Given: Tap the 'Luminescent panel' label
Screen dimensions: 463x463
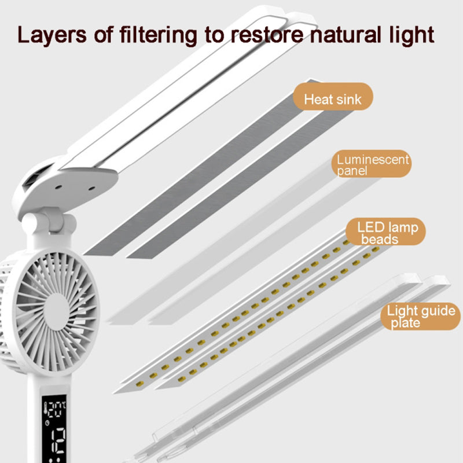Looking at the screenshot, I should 372,165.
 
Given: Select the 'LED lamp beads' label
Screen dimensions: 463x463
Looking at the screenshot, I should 386,232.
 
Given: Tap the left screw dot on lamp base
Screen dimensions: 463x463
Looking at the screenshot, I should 58,188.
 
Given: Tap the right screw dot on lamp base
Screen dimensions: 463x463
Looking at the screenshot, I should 92,188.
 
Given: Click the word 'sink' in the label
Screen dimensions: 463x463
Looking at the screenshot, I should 347,100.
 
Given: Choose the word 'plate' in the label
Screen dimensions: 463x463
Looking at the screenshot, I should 405,323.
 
